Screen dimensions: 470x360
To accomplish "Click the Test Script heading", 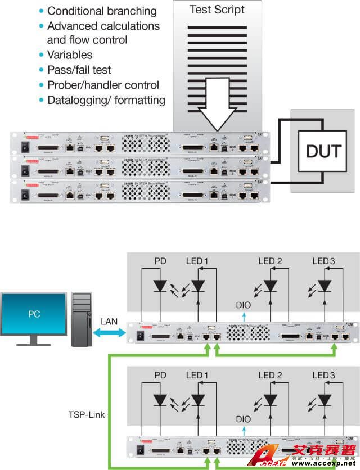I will [x=217, y=9].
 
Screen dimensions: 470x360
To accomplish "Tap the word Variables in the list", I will [x=70, y=55].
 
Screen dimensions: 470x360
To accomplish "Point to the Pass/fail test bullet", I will [x=79, y=70].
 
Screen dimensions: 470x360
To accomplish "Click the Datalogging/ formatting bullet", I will [x=106, y=100].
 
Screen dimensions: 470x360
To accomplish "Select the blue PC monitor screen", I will [x=34, y=313].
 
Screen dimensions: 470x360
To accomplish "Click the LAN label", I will [x=109, y=320].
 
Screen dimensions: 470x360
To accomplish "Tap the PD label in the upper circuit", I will [x=160, y=261].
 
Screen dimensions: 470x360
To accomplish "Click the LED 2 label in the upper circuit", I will [x=270, y=261].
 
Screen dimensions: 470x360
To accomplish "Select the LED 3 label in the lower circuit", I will [x=324, y=374].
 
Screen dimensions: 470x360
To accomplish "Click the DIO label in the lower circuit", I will [x=244, y=419].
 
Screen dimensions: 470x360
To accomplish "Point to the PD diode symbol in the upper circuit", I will [x=160, y=286].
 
